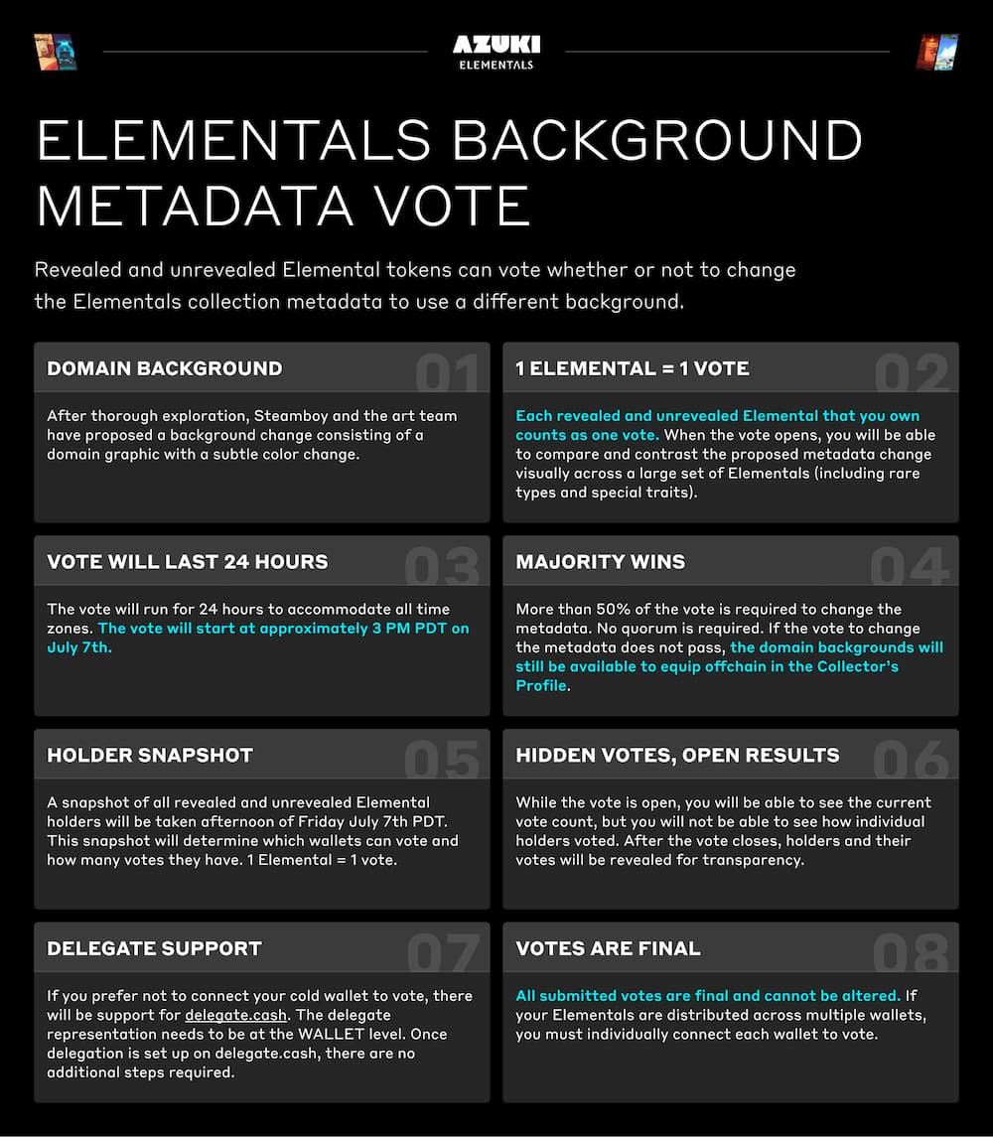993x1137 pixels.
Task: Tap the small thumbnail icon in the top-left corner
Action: (55, 52)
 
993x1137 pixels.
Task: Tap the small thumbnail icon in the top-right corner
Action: (936, 52)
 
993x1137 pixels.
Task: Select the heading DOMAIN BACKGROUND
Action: (164, 368)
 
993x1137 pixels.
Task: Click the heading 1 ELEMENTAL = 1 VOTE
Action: (633, 368)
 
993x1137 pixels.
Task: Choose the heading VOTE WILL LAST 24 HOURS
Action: (187, 562)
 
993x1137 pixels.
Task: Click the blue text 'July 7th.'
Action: (79, 647)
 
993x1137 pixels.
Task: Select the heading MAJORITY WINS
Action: (600, 562)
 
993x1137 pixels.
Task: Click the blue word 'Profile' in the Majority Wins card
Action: (541, 686)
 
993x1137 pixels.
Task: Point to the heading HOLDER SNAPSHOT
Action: (150, 756)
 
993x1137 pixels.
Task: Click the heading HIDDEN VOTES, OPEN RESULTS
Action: (677, 756)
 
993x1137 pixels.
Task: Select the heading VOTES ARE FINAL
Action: (608, 948)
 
